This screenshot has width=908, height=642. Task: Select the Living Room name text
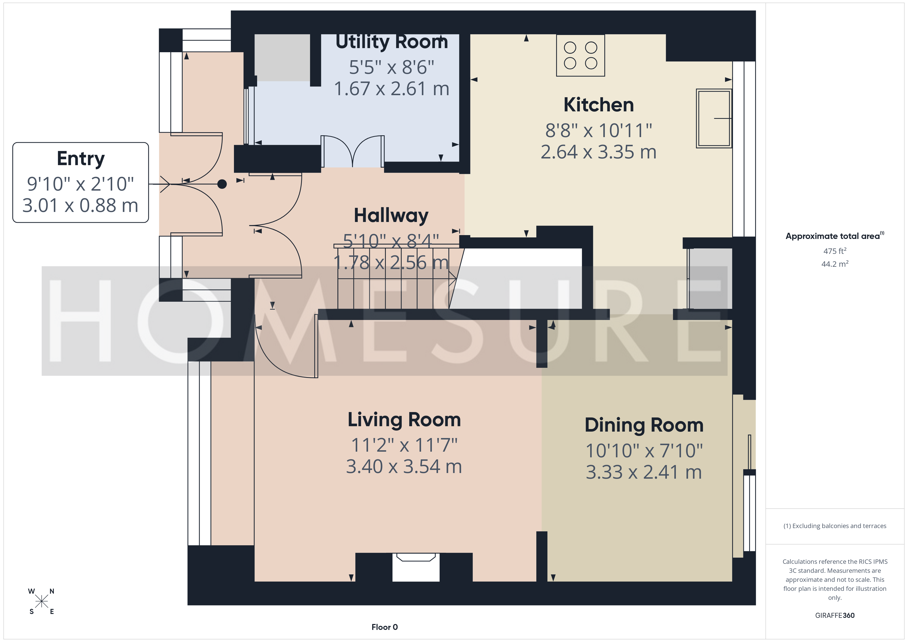404,420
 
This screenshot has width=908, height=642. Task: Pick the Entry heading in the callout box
81,159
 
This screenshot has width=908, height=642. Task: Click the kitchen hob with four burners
580,55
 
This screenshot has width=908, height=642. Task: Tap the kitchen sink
714,118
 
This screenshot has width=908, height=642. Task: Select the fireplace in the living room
416,567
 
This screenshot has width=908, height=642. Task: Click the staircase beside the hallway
396,277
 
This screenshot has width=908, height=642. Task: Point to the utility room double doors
352,151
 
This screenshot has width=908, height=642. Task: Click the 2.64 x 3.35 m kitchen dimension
598,152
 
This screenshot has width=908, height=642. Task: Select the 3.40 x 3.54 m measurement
404,467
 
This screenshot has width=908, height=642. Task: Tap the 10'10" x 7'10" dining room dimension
644,451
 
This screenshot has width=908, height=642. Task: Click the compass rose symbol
41,601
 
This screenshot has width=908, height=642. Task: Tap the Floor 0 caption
385,627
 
